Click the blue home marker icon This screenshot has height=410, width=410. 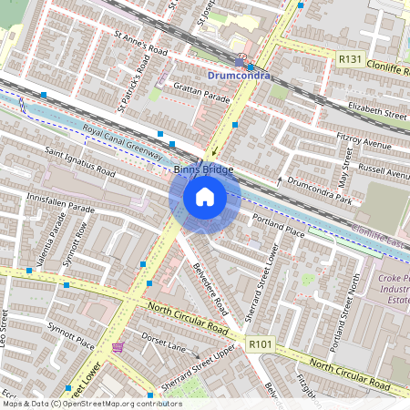tap(205, 196)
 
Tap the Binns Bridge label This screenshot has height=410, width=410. tap(204, 169)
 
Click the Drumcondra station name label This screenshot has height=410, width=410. tap(239, 76)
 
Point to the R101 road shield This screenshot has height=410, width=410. tap(261, 344)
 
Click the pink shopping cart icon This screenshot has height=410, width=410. tap(118, 347)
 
